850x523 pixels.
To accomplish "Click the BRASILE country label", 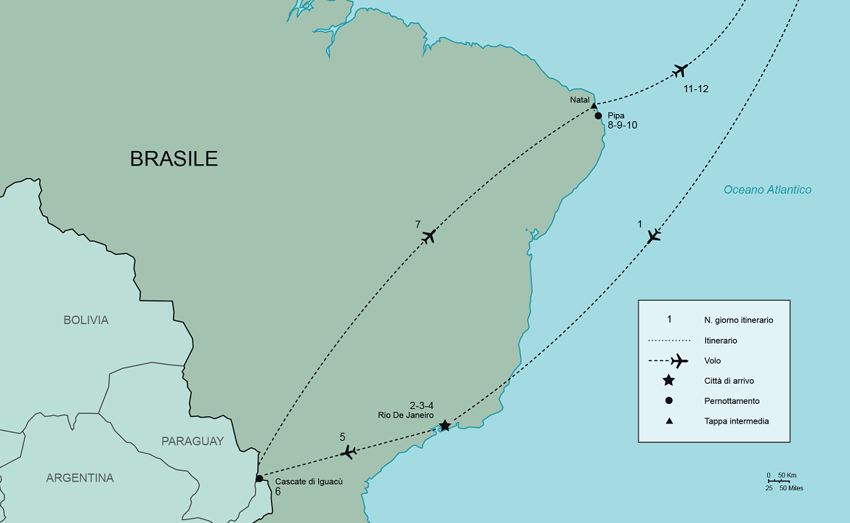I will (174, 158).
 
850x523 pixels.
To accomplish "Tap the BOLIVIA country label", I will (86, 320).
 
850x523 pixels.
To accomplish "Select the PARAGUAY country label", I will (193, 441).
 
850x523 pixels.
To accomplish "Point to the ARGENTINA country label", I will (80, 478).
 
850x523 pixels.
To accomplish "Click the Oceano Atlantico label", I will (767, 190).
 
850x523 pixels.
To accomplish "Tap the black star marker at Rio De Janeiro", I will (445, 426).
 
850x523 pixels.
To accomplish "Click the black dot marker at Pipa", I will (599, 115).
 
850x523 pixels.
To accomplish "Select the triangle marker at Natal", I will (594, 106).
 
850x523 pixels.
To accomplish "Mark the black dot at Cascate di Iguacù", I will (259, 479).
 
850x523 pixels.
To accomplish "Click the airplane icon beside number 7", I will (429, 236).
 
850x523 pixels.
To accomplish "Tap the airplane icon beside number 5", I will (349, 452).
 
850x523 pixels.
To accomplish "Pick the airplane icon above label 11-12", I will (680, 70).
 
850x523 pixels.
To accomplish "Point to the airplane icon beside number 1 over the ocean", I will (654, 235).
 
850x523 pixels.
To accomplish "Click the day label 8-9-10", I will (623, 125).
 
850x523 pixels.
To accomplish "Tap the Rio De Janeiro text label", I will (405, 415).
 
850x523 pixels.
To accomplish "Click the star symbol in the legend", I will (669, 380).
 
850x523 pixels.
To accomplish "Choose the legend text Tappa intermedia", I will (736, 421).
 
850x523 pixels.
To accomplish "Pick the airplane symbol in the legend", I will (679, 360).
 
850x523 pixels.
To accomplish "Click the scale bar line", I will (779, 481).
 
